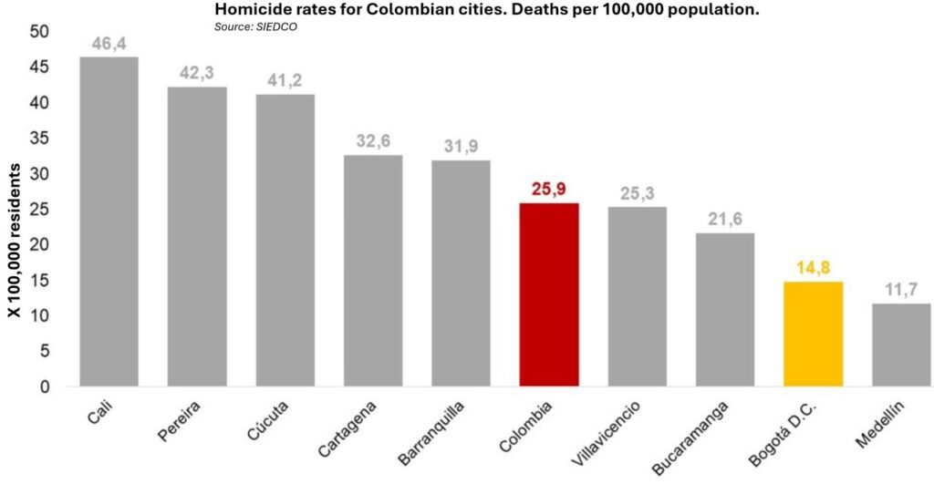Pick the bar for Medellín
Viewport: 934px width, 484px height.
(x=900, y=345)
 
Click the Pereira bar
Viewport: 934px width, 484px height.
(x=197, y=236)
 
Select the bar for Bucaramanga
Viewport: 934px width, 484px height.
(x=724, y=310)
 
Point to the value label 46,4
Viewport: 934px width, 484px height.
(x=109, y=44)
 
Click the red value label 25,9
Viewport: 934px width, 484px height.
(x=548, y=190)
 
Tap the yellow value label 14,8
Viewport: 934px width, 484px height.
(x=813, y=269)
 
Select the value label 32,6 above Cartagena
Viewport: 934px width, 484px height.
(x=373, y=142)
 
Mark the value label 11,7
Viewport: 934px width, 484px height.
(x=900, y=291)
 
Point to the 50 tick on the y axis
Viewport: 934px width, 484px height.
(x=41, y=32)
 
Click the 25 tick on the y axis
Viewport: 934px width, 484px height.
(x=41, y=210)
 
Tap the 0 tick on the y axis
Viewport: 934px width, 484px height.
(x=46, y=386)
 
